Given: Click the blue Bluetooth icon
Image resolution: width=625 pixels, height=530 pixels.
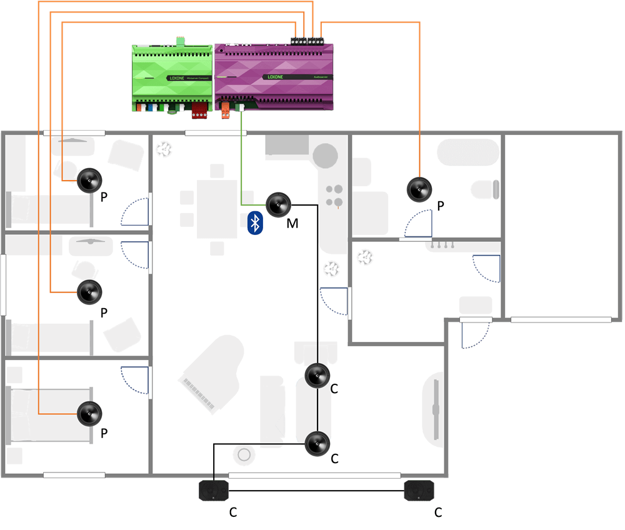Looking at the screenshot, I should pyautogui.click(x=255, y=223).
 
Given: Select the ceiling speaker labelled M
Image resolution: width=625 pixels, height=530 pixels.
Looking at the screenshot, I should pyautogui.click(x=278, y=204).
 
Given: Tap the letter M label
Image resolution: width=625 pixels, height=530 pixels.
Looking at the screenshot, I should pyautogui.click(x=292, y=223).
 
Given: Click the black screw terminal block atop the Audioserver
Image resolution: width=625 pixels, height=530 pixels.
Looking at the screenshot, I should pyautogui.click(x=307, y=40).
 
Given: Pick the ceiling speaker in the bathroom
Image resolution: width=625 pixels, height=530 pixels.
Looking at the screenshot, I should pyautogui.click(x=419, y=189).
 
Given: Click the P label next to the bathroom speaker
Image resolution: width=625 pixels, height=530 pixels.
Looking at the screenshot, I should pyautogui.click(x=440, y=206).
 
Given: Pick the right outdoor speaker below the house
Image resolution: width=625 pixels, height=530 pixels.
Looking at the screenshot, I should pyautogui.click(x=417, y=490).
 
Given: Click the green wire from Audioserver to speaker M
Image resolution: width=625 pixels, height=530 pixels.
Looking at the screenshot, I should pyautogui.click(x=241, y=162).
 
